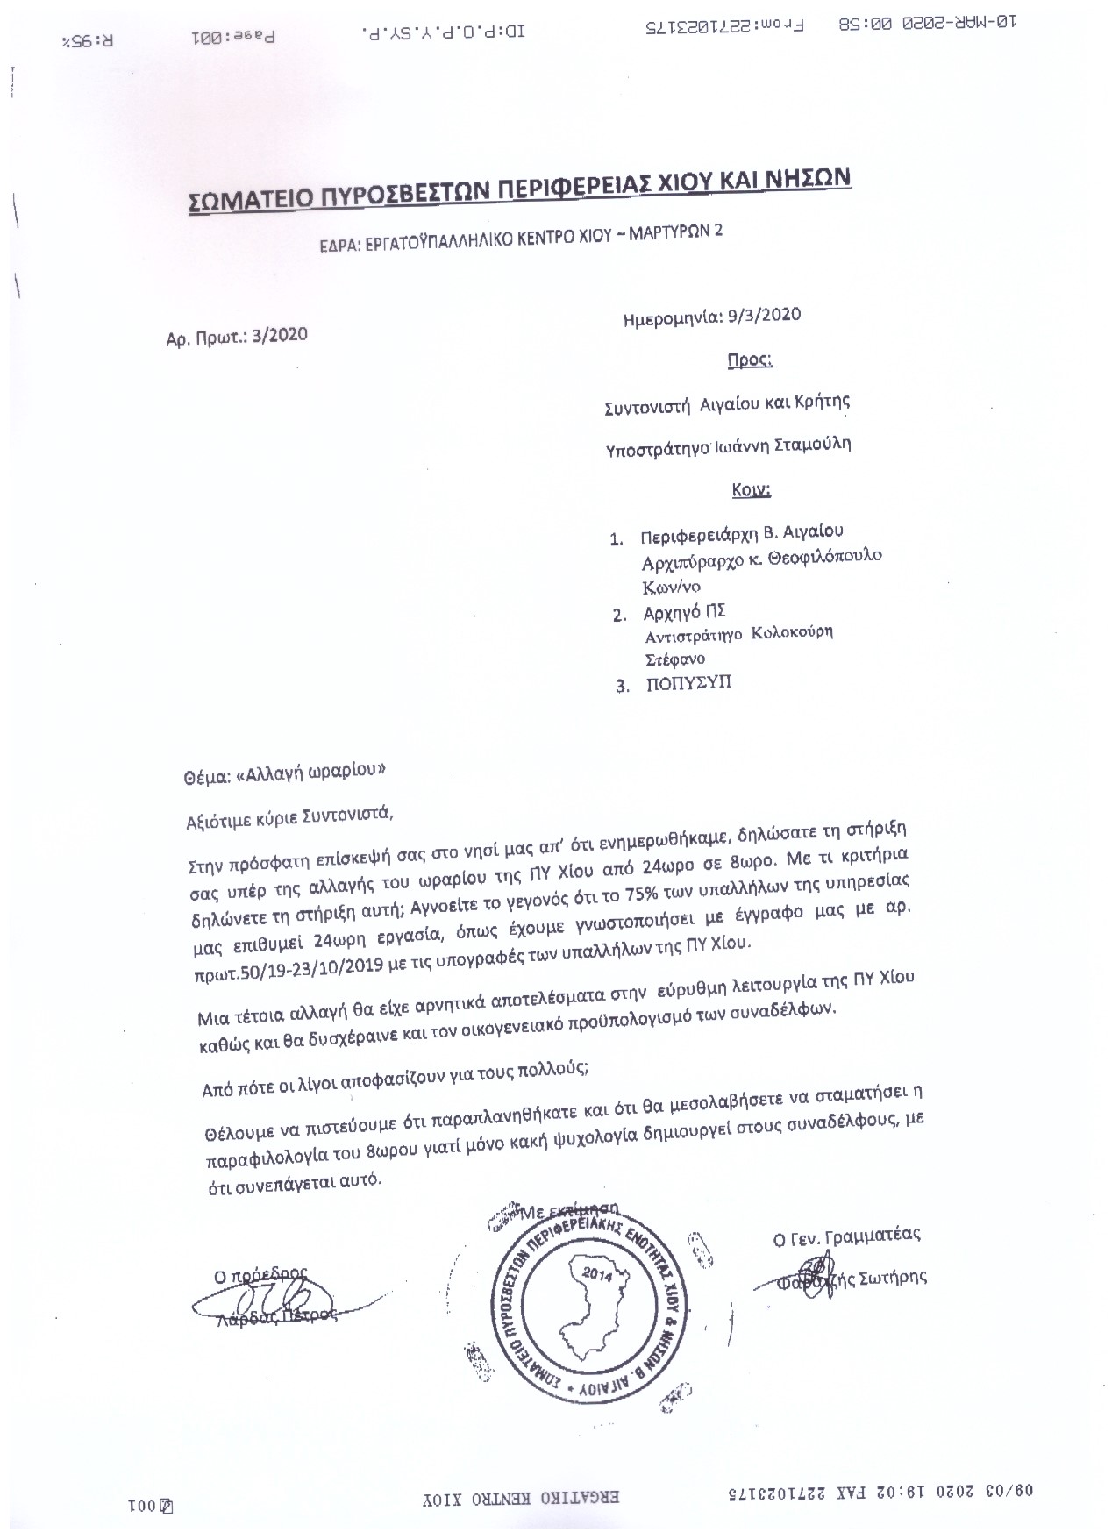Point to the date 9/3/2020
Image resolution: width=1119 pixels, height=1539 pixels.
click(x=764, y=316)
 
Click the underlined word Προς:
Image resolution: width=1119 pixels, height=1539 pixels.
click(x=750, y=360)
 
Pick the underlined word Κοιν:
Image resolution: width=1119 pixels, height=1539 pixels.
click(x=751, y=489)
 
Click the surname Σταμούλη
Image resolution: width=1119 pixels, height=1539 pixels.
click(x=809, y=444)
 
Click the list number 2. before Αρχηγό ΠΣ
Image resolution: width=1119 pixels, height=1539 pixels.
click(x=619, y=614)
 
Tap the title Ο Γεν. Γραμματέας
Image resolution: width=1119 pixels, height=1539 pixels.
click(x=845, y=1236)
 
